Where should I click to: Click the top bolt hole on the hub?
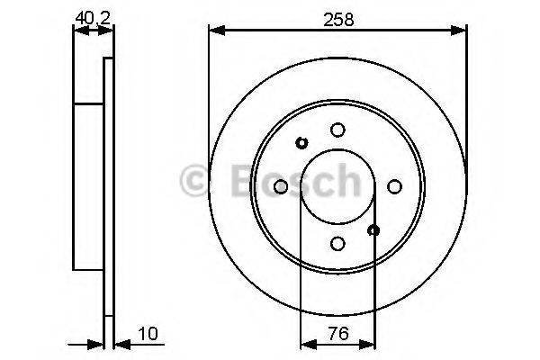[337, 130]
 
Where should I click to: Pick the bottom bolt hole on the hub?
[337, 243]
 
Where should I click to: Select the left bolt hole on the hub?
[280, 186]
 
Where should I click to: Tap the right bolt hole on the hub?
[393, 186]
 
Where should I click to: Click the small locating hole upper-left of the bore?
[301, 142]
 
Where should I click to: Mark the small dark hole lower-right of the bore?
[373, 230]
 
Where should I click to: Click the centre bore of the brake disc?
[337, 186]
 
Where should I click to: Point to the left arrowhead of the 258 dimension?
[214, 31]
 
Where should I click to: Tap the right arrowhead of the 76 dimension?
[369, 344]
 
